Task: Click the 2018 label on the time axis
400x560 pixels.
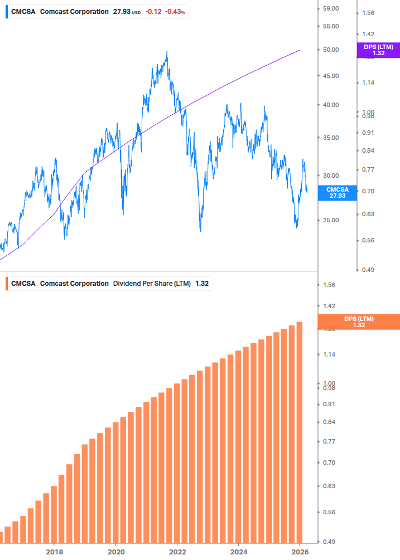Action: [x=54, y=551]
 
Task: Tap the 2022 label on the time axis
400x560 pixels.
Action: [x=177, y=551]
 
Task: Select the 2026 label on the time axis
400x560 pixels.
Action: [x=300, y=551]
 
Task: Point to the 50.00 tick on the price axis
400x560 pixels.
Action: [x=331, y=50]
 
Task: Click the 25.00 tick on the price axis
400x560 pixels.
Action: [x=331, y=220]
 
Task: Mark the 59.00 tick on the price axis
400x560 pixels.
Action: [x=331, y=8]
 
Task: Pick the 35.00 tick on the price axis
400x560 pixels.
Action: [x=331, y=138]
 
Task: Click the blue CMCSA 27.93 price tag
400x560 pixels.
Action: [x=337, y=193]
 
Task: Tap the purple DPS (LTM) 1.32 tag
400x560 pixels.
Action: [x=378, y=50]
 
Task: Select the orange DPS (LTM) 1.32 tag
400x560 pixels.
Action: [x=358, y=322]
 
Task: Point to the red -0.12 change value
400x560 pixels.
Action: [x=153, y=12]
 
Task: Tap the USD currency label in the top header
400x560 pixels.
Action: [x=137, y=12]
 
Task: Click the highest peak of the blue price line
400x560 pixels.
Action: [x=167, y=52]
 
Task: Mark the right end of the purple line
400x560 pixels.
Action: [x=300, y=50]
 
